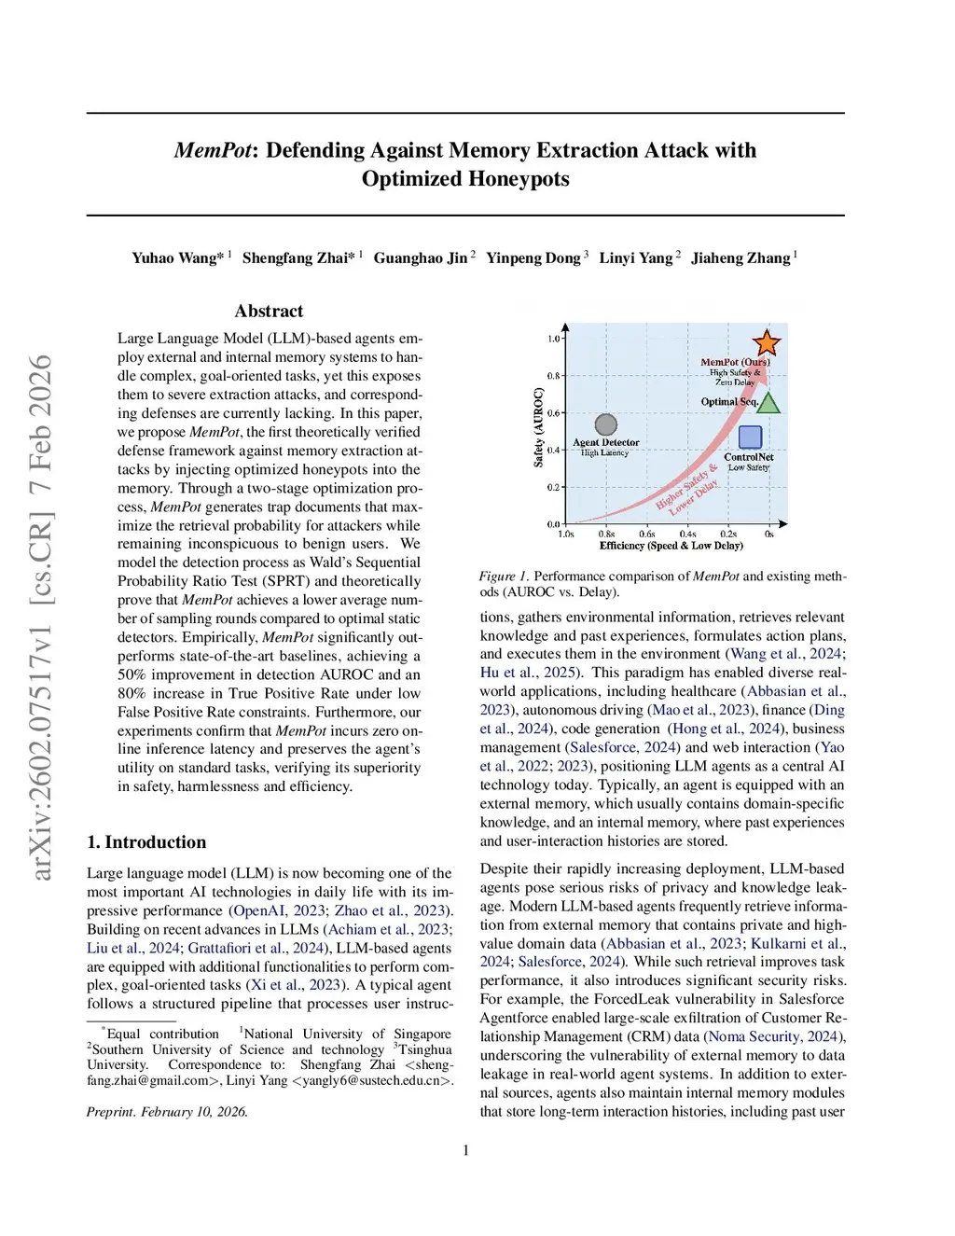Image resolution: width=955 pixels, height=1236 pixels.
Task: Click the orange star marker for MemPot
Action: pyautogui.click(x=767, y=342)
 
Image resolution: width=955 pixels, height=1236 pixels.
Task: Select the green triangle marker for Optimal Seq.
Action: pyautogui.click(x=768, y=403)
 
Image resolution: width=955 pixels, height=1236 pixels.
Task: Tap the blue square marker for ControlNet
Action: pyautogui.click(x=750, y=437)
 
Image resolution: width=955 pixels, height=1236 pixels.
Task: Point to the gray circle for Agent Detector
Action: pyautogui.click(x=606, y=425)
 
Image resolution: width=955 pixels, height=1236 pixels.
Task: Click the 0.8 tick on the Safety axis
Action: pyautogui.click(x=554, y=376)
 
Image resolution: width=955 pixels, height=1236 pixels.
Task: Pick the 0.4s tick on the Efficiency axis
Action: pyautogui.click(x=687, y=535)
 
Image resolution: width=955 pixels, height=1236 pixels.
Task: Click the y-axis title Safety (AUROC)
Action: pyautogui.click(x=538, y=427)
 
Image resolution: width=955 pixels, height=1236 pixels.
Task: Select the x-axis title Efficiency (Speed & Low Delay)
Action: pyautogui.click(x=671, y=546)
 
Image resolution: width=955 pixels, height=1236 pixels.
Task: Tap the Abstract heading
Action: pyautogui.click(x=269, y=311)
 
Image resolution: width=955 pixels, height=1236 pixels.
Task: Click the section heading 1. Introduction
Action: pyautogui.click(x=146, y=841)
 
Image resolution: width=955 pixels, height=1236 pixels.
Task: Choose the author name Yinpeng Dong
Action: pyautogui.click(x=533, y=257)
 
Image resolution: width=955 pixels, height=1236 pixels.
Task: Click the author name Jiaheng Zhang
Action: pyautogui.click(x=740, y=257)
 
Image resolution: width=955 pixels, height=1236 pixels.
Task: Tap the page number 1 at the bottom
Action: pyautogui.click(x=465, y=1150)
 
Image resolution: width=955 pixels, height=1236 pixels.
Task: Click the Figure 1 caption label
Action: pyautogui.click(x=504, y=576)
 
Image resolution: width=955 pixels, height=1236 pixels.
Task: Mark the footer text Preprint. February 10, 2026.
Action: pyautogui.click(x=167, y=1111)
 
